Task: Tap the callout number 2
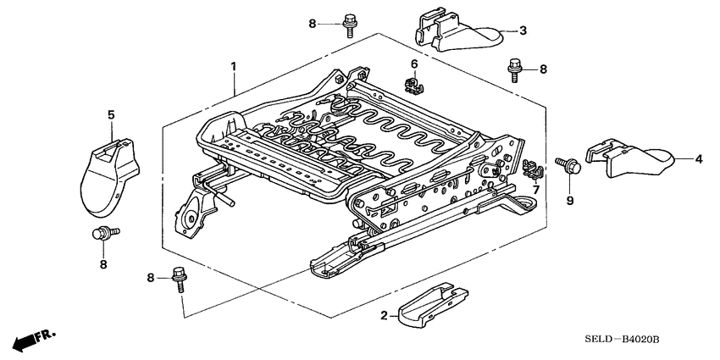384,315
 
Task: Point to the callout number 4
699,158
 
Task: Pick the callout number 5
110,113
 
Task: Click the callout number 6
414,65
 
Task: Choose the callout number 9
569,201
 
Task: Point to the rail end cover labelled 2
435,302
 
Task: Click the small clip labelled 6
414,85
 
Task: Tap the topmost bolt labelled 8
349,24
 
